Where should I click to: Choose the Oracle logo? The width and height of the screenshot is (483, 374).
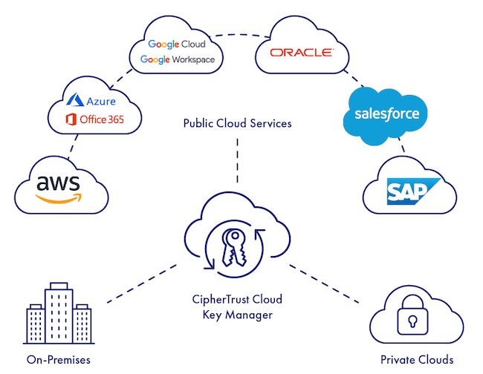coord(301,53)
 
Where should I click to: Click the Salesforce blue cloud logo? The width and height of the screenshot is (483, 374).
coord(386,114)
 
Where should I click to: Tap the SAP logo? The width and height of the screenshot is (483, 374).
coord(408,191)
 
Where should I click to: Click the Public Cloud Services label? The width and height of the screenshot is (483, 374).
coord(237,123)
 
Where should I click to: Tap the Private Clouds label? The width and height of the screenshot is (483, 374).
coord(416,360)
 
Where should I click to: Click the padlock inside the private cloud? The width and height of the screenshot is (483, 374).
coord(410,320)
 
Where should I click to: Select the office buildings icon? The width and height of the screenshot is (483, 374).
coord(57,312)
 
